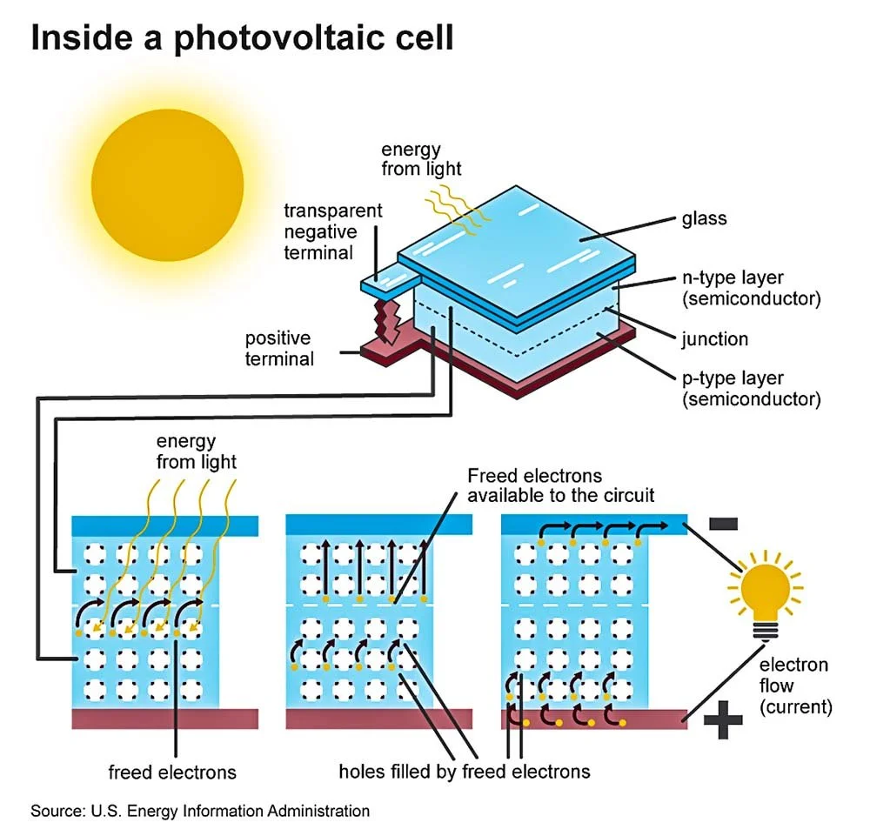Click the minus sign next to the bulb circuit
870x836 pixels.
[724, 524]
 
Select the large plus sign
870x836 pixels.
[723, 720]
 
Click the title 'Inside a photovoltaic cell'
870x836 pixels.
[242, 39]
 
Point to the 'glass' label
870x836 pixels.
[704, 218]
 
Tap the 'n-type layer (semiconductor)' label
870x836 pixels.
[751, 289]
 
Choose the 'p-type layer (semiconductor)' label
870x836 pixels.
[751, 389]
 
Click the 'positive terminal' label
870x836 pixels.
[278, 348]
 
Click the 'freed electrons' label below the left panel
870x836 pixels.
[172, 772]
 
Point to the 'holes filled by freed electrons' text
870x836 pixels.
[465, 772]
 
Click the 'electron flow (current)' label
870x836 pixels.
[795, 686]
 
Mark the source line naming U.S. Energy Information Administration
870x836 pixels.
[200, 811]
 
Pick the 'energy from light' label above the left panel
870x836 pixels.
[197, 451]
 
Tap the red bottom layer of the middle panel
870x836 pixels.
[379, 719]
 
